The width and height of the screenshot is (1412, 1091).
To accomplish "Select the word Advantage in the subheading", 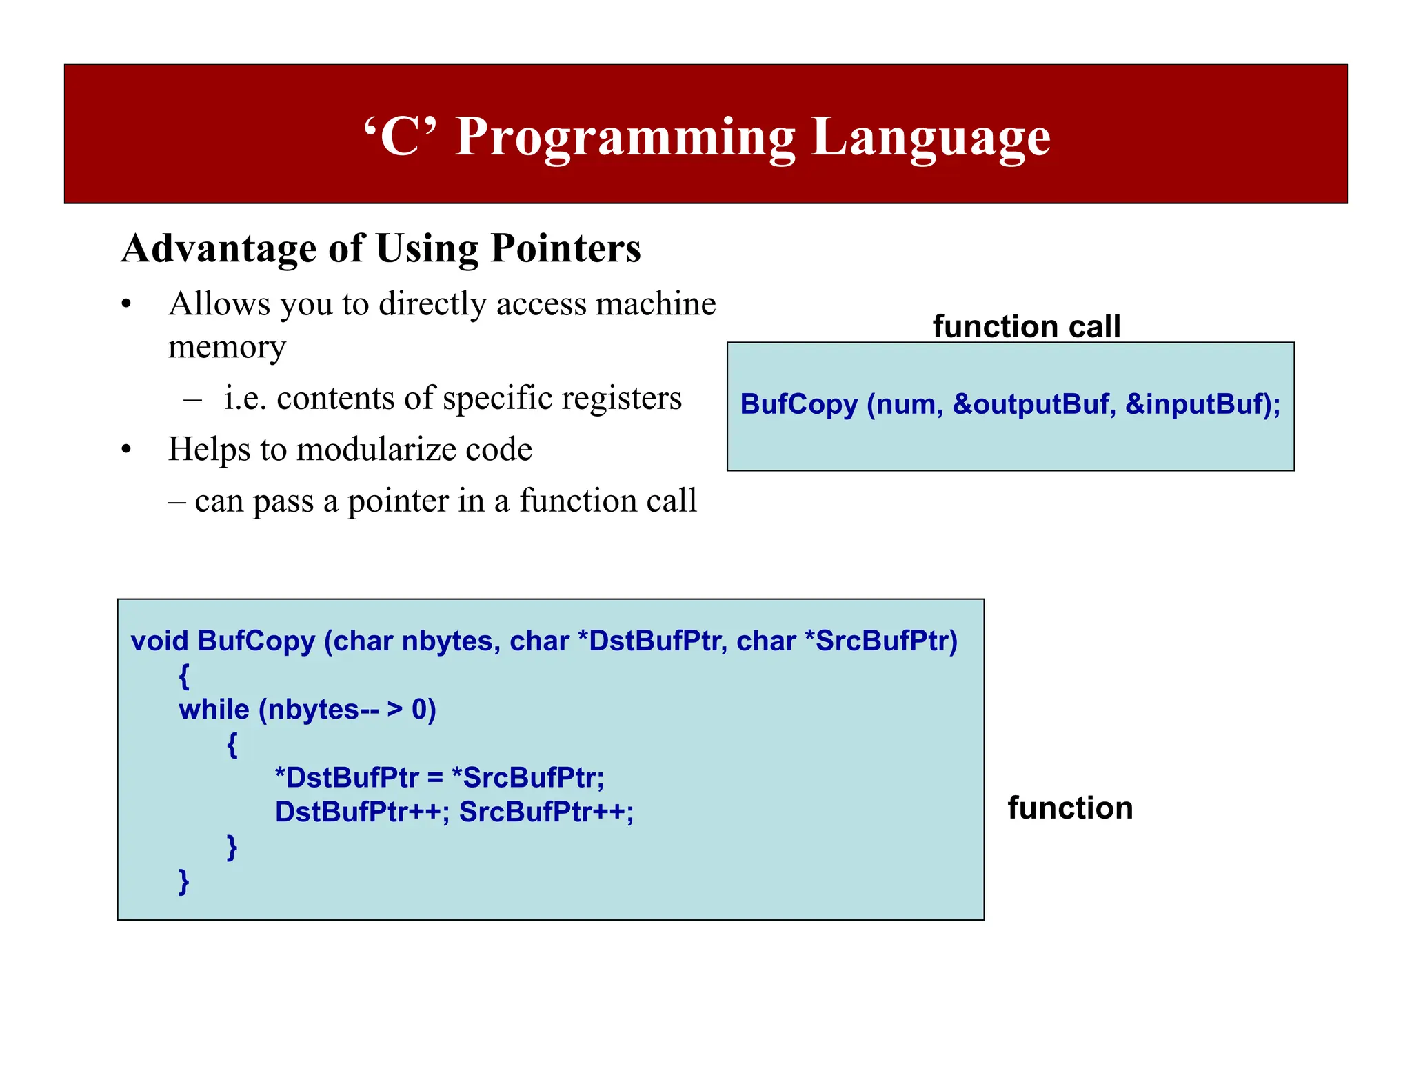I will pyautogui.click(x=219, y=248).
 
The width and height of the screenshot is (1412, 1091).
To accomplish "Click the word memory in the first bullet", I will pyautogui.click(x=226, y=347).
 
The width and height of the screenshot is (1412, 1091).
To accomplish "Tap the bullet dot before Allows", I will pyautogui.click(x=125, y=305).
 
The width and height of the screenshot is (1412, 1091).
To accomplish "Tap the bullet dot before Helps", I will pyautogui.click(x=125, y=450).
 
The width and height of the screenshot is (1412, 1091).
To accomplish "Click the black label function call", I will pyautogui.click(x=1026, y=326).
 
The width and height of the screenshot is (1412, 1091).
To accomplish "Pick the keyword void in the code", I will pyautogui.click(x=159, y=641).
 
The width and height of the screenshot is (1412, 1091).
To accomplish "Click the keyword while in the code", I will pyautogui.click(x=214, y=709).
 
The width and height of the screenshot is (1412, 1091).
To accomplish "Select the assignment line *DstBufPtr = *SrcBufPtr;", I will pyautogui.click(x=439, y=778).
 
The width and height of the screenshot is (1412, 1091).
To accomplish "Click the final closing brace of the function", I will pyautogui.click(x=183, y=881).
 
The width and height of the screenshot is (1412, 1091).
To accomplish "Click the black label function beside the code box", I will pyautogui.click(x=1070, y=808).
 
